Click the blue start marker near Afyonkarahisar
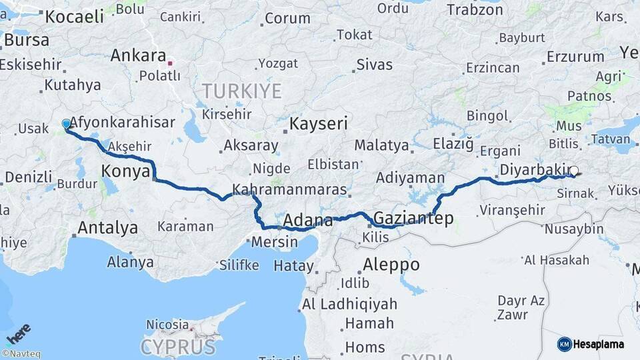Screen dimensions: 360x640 (x=66, y=124)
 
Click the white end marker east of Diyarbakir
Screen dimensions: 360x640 (x=574, y=171)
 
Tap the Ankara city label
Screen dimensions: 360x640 (x=138, y=55)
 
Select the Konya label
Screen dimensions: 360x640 (x=125, y=172)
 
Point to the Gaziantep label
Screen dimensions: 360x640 (x=413, y=218)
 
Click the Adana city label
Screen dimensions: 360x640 (x=308, y=220)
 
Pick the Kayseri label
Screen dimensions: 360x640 (x=319, y=123)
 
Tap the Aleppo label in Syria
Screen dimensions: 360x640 (x=391, y=265)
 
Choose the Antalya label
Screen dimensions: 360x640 (x=108, y=228)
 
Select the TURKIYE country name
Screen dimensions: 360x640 (x=242, y=91)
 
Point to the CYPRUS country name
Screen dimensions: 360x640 (x=179, y=347)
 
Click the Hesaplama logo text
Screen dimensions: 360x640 (x=600, y=344)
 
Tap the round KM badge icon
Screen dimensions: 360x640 (x=565, y=344)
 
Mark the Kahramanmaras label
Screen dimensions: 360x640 (x=290, y=189)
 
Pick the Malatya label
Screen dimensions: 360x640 (x=381, y=145)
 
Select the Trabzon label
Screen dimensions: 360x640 (x=475, y=9)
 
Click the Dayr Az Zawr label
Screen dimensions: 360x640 (x=521, y=307)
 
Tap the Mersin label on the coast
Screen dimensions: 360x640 (x=275, y=242)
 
